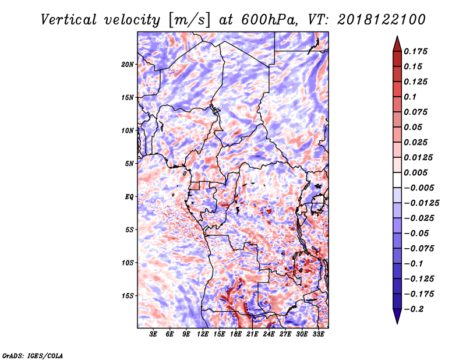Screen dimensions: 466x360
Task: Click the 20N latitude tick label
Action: pyautogui.click(x=127, y=64)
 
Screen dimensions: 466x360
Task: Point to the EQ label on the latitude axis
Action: pyautogui.click(x=129, y=196)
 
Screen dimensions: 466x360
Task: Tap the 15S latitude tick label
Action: pyautogui.click(x=128, y=296)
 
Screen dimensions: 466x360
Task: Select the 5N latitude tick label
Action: pyautogui.click(x=129, y=164)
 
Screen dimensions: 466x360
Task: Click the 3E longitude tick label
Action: pyautogui.click(x=153, y=334)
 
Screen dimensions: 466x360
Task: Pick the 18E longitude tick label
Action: pyautogui.click(x=236, y=334)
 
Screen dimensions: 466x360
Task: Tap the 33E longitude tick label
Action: pyautogui.click(x=318, y=334)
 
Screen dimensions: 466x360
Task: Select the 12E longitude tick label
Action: pyautogui.click(x=203, y=334)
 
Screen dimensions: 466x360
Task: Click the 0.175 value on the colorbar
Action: pyautogui.click(x=415, y=51)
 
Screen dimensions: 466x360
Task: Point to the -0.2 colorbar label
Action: pyautogui.click(x=414, y=309)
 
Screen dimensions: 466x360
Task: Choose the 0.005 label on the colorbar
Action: pyautogui.click(x=415, y=172)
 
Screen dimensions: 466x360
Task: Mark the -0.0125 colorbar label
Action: pyautogui.click(x=421, y=203)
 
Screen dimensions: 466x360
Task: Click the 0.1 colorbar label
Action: pyautogui.click(x=410, y=97)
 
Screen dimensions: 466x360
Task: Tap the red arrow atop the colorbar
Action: pyautogui.click(x=397, y=44)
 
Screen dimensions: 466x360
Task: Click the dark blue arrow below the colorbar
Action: pyautogui.click(x=397, y=316)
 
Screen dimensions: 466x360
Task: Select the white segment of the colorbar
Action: pyautogui.click(x=397, y=180)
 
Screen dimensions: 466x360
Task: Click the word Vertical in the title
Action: pyautogui.click(x=69, y=20)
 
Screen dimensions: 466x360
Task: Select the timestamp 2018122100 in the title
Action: pyautogui.click(x=382, y=20)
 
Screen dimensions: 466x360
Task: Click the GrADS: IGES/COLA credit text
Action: pyautogui.click(x=33, y=355)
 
